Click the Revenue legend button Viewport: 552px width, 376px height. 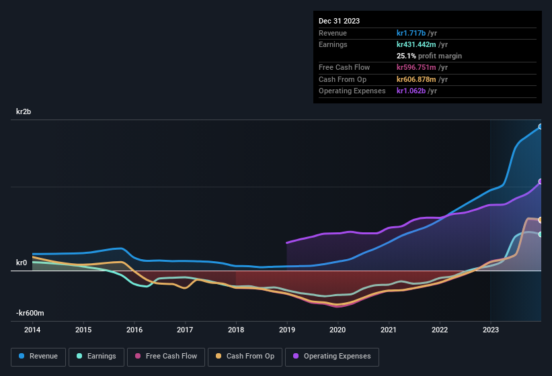[x=38, y=357]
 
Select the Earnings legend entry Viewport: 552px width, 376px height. [x=96, y=357]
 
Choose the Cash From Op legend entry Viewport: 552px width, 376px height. [x=245, y=357]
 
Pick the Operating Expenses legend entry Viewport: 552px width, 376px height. [x=332, y=357]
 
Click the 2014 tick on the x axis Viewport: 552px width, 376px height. [x=32, y=330]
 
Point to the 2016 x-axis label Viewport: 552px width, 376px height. [x=134, y=330]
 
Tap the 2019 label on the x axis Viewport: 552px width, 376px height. [x=287, y=330]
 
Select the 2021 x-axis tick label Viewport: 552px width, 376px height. [x=389, y=330]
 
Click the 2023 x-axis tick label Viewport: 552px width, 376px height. [x=491, y=330]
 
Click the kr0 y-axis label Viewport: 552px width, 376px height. [x=22, y=263]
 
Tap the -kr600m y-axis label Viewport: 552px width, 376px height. [x=30, y=313]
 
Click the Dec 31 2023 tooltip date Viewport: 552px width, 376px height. [x=339, y=21]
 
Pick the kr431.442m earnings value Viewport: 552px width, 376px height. [x=417, y=44]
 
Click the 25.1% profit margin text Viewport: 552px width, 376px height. [x=429, y=56]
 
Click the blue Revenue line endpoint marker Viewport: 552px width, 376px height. [x=541, y=126]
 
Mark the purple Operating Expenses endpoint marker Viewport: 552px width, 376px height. [x=541, y=182]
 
